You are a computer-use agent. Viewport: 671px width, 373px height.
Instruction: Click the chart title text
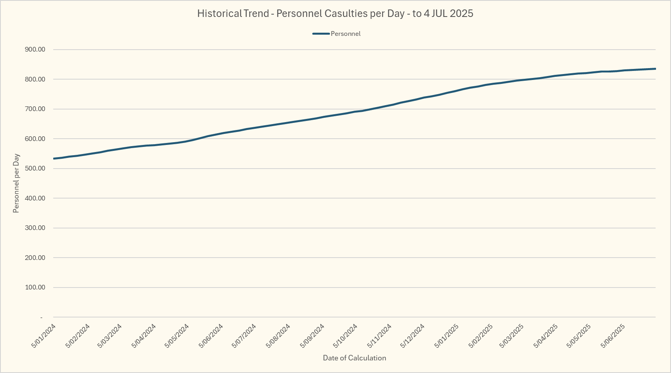(335, 13)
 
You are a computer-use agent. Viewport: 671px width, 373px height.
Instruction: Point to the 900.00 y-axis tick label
(35, 50)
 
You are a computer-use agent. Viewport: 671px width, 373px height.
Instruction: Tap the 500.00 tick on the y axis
(35, 169)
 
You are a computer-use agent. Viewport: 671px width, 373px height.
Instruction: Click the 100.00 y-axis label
(35, 288)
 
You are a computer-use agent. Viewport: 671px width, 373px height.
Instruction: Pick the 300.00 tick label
(35, 228)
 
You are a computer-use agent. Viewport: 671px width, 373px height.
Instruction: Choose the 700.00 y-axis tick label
(35, 109)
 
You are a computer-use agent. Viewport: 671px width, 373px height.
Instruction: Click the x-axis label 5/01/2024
(43, 336)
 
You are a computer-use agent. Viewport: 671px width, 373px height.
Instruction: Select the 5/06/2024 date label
(211, 336)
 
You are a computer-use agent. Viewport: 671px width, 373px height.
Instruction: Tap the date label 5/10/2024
(345, 336)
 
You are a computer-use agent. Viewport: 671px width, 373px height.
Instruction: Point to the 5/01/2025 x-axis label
(446, 336)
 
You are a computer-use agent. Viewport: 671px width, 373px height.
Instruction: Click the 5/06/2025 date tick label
(613, 336)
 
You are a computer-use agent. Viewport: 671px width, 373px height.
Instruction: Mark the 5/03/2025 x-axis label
(512, 336)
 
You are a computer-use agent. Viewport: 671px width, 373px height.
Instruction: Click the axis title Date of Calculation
(354, 358)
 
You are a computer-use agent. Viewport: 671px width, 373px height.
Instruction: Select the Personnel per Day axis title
(16, 184)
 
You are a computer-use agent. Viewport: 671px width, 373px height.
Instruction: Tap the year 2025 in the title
(461, 13)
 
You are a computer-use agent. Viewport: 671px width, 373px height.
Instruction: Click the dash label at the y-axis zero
(41, 317)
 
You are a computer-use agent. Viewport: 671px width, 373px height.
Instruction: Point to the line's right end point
(655, 69)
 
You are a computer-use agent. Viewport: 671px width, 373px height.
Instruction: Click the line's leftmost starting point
(54, 159)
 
